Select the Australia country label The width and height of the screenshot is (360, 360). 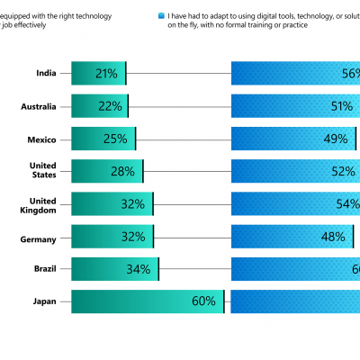40,106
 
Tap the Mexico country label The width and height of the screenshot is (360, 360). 43,139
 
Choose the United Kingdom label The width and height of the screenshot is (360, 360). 43,204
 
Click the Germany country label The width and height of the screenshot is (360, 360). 40,238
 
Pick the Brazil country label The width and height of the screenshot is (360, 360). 46,269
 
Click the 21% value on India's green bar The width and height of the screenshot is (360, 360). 105,74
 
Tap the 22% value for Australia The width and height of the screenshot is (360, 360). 110,106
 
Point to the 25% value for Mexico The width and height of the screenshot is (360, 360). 115,139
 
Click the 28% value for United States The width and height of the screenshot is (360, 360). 122,171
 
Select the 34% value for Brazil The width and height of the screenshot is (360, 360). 139,269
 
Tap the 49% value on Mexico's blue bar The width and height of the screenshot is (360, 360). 336,139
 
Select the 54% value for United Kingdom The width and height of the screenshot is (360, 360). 347,204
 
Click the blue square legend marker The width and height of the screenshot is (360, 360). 161,16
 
